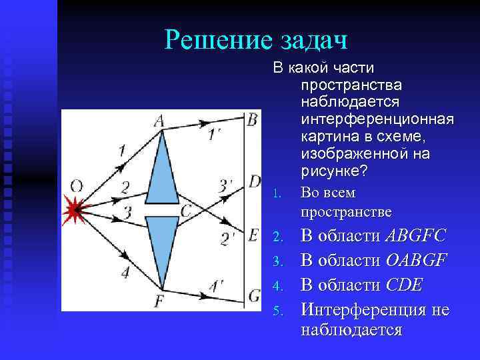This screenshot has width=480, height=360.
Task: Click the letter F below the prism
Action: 159,301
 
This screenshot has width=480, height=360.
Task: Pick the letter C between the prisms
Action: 186,211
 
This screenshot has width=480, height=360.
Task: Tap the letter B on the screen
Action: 252,119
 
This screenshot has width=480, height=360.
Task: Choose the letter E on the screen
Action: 253,235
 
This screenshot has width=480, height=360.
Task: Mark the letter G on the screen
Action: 254,293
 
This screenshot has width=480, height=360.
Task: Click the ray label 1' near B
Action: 215,134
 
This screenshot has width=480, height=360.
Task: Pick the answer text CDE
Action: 404,285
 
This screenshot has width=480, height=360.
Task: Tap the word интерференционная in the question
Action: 377,119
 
